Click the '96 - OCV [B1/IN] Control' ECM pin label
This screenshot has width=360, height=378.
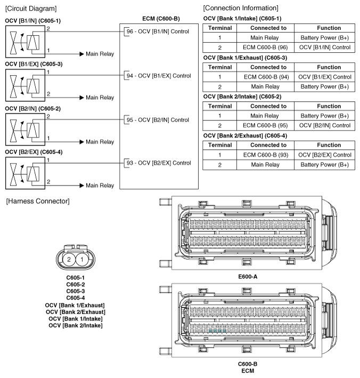tap(158, 31)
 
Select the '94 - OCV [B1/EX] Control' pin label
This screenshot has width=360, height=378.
tap(158, 76)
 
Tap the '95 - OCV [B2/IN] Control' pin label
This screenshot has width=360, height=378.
tap(158, 120)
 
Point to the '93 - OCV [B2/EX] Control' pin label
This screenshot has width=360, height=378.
tap(158, 163)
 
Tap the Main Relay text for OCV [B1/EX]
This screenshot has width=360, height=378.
tap(100, 98)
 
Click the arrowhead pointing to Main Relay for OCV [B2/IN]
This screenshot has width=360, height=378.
tap(81, 142)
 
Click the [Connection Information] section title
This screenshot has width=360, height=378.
tap(240, 8)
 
